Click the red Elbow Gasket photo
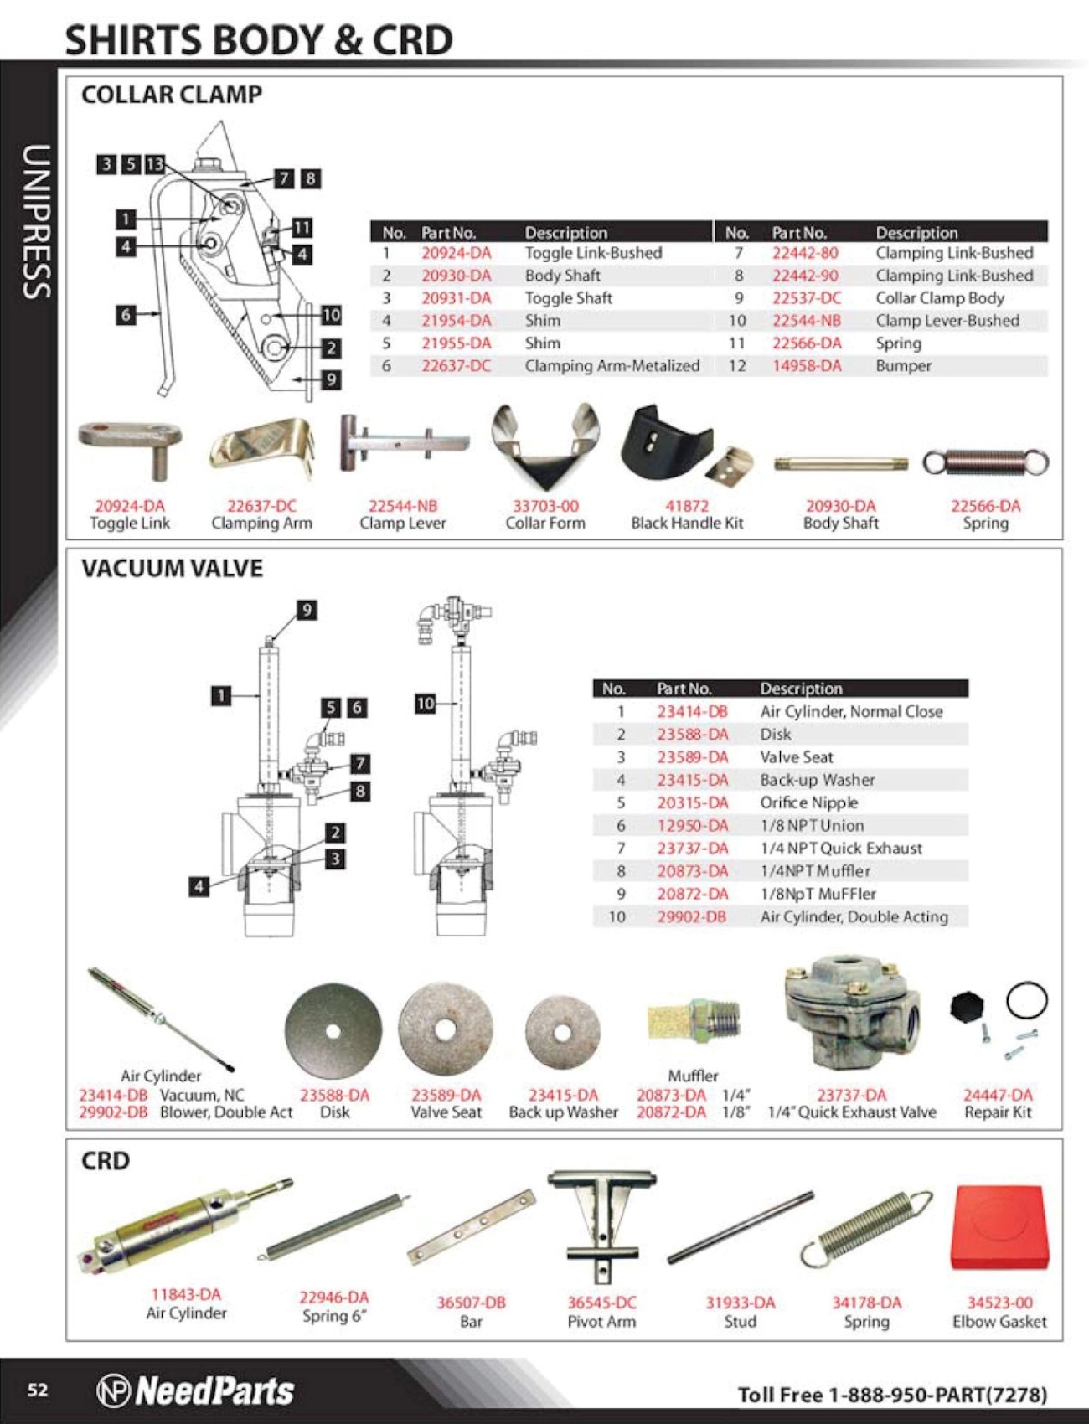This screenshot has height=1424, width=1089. pos(997,1227)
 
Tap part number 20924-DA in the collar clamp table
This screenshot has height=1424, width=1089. pos(456,253)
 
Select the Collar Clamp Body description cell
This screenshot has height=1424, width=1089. pos(939,298)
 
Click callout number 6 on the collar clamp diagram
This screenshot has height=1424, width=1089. pos(126,315)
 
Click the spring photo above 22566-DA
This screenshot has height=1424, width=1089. pos(985,462)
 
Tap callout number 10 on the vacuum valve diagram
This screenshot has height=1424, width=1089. pos(426,704)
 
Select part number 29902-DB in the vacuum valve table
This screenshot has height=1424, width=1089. pos(691,916)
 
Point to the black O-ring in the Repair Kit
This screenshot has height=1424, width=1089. pos(1026,1000)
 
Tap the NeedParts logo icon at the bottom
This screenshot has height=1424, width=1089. pos(113,1390)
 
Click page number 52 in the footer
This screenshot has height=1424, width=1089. pos(38,1390)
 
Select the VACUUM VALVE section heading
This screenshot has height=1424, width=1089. pos(172,568)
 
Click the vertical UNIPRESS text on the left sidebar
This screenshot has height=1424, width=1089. pos(36,222)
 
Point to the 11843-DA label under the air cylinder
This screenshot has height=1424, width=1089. pos(186,1294)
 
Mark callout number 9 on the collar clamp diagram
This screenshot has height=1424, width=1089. pos(331,379)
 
